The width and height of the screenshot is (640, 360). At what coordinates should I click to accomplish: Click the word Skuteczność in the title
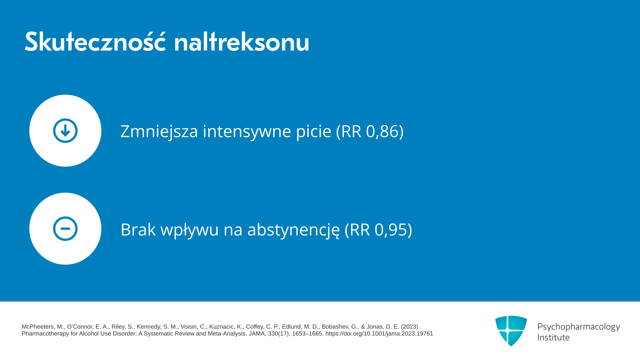click(95, 41)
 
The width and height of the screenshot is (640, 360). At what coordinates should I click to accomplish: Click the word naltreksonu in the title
click(242, 42)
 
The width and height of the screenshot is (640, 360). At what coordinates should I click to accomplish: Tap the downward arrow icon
click(65, 131)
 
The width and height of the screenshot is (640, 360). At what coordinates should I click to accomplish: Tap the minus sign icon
click(65, 229)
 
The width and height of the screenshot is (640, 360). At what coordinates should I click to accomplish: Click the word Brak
click(138, 230)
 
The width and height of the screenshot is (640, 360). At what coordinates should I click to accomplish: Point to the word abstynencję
click(293, 230)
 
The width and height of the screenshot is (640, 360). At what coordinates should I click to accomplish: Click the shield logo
click(511, 331)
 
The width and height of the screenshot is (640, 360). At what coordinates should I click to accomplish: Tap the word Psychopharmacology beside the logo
click(579, 327)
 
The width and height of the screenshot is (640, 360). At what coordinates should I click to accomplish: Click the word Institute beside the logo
click(553, 337)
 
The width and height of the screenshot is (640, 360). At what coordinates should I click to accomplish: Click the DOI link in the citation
click(379, 334)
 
